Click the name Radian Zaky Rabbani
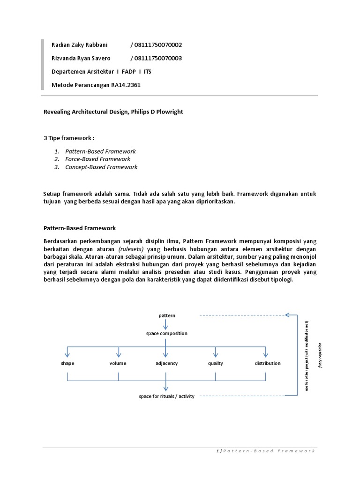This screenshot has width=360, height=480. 79,45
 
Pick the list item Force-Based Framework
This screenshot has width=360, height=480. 97,159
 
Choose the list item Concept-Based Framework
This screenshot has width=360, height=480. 101,167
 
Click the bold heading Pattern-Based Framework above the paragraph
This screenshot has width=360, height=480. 79,228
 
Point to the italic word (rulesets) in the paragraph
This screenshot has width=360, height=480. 132,249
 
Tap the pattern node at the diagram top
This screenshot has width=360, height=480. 167,315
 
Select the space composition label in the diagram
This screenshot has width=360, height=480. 166,333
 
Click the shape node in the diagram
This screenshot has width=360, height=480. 67,363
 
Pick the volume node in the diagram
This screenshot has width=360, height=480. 118,363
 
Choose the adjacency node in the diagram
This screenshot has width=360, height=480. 166,363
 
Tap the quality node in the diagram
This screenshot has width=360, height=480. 216,363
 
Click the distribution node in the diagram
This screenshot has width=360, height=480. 268,363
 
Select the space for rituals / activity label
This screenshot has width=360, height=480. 166,396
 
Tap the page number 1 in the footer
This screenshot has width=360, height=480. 218,451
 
